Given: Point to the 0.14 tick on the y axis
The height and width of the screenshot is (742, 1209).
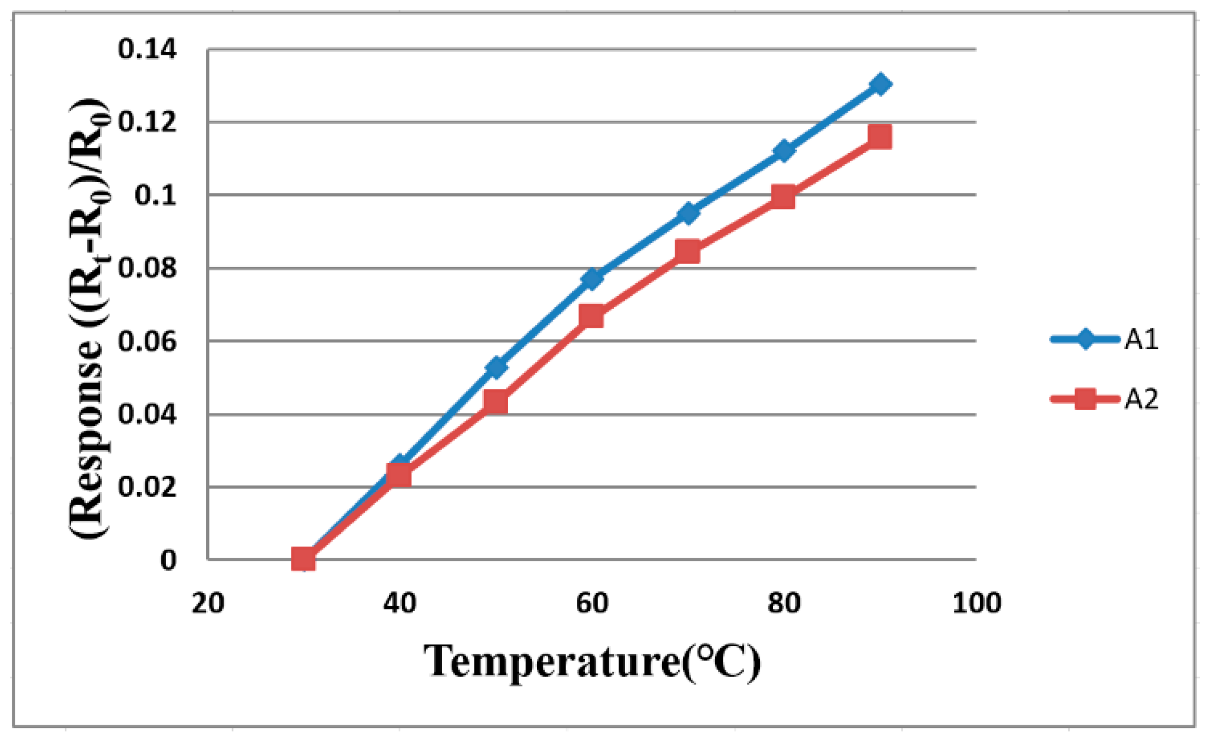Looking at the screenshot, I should [x=147, y=49].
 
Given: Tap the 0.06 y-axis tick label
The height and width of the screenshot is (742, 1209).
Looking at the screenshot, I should [x=147, y=341].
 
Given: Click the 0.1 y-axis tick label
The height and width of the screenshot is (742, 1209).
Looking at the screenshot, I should [x=155, y=195].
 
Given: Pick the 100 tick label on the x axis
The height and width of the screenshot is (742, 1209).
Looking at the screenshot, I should [x=976, y=603].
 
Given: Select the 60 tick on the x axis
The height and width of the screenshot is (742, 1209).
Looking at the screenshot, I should [x=592, y=603].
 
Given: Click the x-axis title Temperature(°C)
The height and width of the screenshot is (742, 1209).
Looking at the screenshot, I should [x=592, y=662].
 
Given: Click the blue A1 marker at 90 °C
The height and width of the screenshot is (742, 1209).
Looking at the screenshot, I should [x=880, y=84].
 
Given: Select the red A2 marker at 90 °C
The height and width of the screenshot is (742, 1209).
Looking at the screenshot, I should [x=879, y=137].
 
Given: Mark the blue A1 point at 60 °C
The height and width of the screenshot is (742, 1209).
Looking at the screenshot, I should [x=592, y=278].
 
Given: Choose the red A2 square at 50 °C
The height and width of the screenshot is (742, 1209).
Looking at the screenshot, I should [x=496, y=403].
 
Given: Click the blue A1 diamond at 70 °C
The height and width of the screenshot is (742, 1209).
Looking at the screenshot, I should [x=687, y=213].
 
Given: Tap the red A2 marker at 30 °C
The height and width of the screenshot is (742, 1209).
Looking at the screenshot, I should [x=303, y=559].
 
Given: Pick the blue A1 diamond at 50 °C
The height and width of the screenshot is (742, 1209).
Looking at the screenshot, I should [x=496, y=367].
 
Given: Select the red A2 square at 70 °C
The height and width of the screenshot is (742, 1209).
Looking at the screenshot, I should [x=687, y=251].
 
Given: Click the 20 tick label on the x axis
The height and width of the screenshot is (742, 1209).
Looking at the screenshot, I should [x=208, y=603].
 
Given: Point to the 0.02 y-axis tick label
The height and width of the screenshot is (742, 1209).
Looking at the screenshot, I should [x=147, y=487].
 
